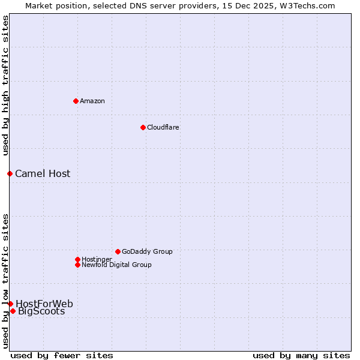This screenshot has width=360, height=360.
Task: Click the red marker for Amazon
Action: (x=76, y=101)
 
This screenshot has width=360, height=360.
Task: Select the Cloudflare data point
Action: (x=143, y=127)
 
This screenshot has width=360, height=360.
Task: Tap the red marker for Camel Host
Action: (x=10, y=173)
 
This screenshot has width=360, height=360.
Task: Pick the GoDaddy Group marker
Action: (x=118, y=251)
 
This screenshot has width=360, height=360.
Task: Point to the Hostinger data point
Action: (x=77, y=259)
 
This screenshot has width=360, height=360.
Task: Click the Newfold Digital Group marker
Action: (x=77, y=265)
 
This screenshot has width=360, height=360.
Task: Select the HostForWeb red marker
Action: (x=10, y=304)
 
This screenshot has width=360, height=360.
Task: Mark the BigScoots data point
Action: (x=13, y=311)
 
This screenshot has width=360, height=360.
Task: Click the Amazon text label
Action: (x=92, y=101)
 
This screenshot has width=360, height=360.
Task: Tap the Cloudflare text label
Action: (x=163, y=127)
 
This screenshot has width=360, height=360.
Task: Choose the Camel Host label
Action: (x=43, y=174)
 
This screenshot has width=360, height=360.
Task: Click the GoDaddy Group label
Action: (x=147, y=251)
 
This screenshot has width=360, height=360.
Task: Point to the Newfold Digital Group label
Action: (x=116, y=265)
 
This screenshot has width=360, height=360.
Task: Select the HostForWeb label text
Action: (x=44, y=304)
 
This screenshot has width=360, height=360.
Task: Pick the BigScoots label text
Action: (x=41, y=311)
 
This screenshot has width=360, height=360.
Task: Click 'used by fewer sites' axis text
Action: (x=62, y=355)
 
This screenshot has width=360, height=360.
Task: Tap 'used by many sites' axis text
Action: (x=301, y=355)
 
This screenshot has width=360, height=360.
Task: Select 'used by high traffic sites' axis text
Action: (x=6, y=85)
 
